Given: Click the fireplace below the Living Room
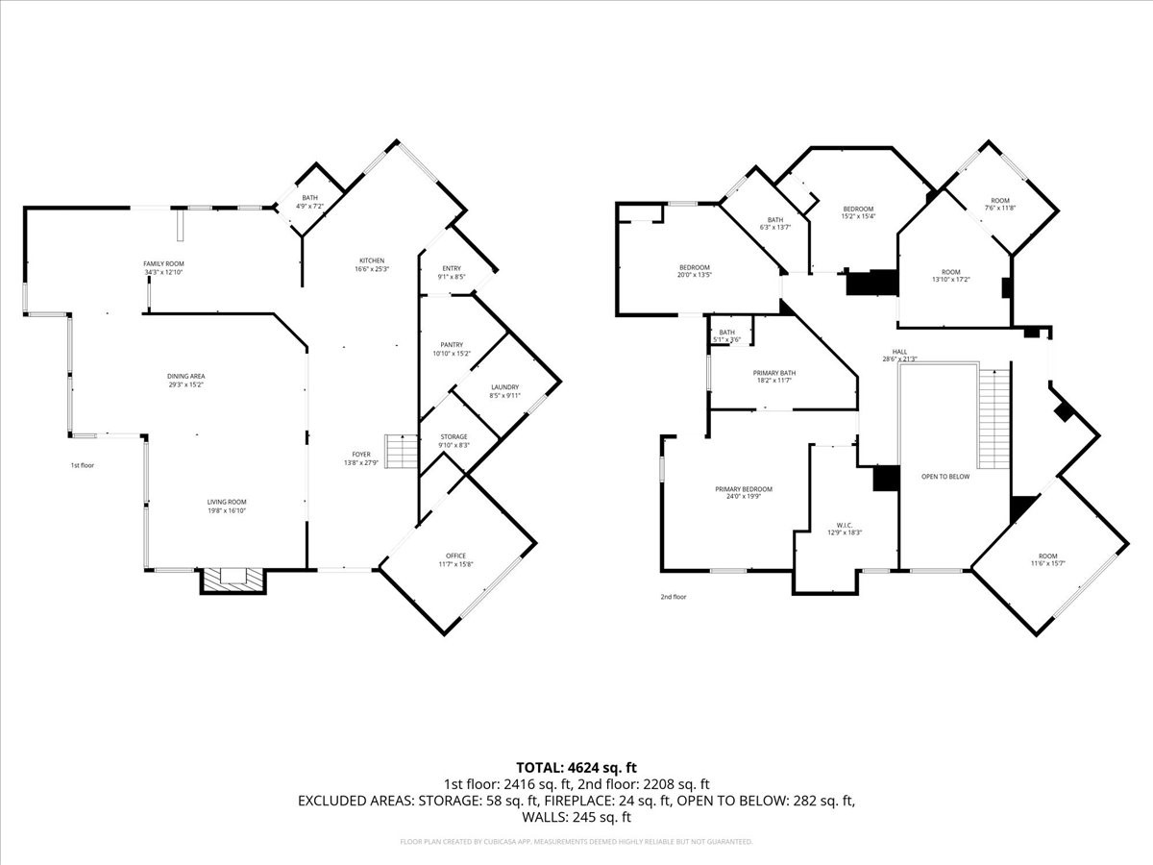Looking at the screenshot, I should coord(232,579).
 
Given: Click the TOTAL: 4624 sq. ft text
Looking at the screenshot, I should coord(576,767).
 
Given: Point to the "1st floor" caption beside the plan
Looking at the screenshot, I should coord(82,465).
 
